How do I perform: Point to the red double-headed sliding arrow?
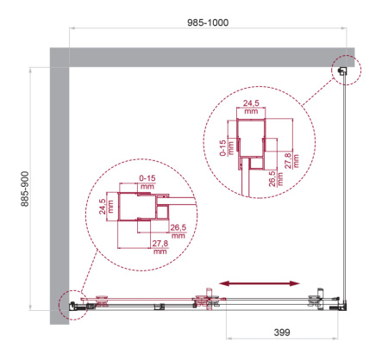coord(259,282)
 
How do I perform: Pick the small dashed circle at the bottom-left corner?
coord(70,304)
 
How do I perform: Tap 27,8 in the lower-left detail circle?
coord(159,248)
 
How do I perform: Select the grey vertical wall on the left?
coord(58,189)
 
